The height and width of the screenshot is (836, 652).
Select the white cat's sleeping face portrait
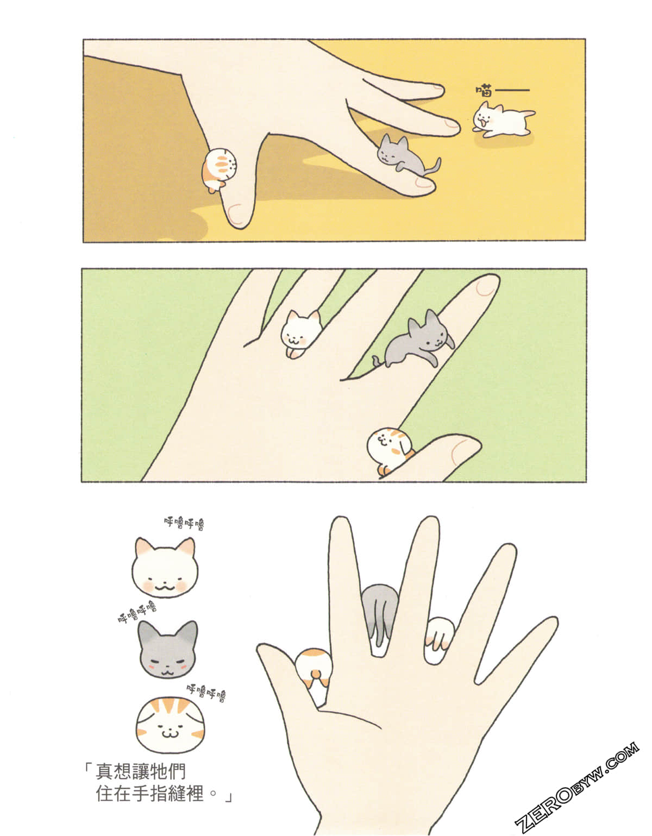pyautogui.click(x=165, y=568)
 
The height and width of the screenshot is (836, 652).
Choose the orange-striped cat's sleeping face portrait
pyautogui.click(x=167, y=724)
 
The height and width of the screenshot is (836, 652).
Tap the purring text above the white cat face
pyautogui.click(x=184, y=524)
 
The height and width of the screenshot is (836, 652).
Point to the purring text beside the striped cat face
pyautogui.click(x=206, y=691)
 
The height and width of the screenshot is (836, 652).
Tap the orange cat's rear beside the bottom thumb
pyautogui.click(x=314, y=668)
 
